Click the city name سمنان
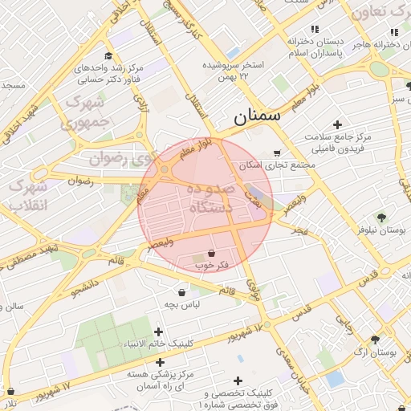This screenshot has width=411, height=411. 258,116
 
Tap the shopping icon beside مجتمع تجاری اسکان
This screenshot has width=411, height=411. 277,153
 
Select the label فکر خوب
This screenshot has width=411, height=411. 211,264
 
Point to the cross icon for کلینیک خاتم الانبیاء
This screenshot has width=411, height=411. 158,332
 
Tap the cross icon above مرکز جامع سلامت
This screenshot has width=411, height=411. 337,124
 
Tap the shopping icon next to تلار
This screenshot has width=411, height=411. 10,391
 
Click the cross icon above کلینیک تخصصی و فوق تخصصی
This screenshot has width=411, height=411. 238,380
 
